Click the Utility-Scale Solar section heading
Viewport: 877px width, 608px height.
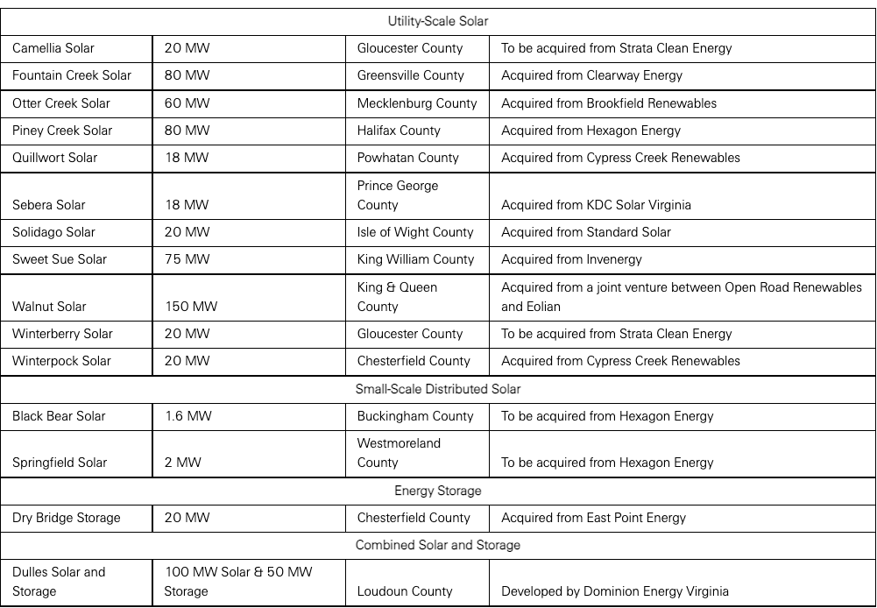(x=437, y=20)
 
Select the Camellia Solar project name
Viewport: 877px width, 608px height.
(x=53, y=48)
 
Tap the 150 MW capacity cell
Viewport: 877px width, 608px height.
(x=191, y=307)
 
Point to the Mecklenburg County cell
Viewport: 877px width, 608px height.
(x=417, y=103)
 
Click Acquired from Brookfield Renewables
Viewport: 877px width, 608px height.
(x=609, y=103)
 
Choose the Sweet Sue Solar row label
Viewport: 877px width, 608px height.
(x=60, y=259)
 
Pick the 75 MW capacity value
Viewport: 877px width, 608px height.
(x=187, y=259)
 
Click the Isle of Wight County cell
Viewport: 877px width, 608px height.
(x=415, y=232)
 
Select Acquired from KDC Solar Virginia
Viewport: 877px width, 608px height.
(x=596, y=205)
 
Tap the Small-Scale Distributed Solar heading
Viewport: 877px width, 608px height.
(x=437, y=389)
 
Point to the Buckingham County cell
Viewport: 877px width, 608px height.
(x=415, y=416)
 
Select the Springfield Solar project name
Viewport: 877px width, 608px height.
(x=60, y=463)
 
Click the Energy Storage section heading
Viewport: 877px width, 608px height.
(x=437, y=491)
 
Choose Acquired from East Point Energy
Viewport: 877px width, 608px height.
(x=593, y=518)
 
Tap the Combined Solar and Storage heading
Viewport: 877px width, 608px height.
(x=437, y=545)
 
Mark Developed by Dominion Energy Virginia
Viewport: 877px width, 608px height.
(x=615, y=591)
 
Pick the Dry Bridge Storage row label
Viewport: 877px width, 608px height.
(x=67, y=518)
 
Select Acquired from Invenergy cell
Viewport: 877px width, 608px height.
(x=571, y=259)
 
